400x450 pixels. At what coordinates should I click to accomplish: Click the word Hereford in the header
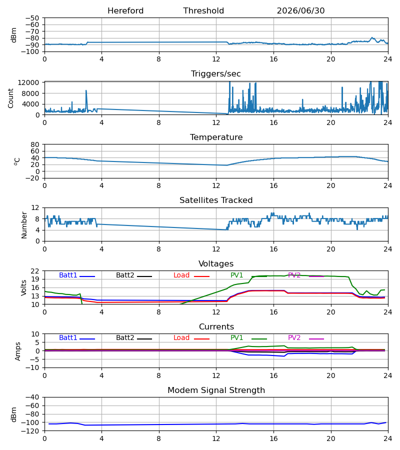[x=125, y=11]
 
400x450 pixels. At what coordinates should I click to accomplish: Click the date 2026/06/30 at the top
[x=300, y=11]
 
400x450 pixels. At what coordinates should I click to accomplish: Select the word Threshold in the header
[x=203, y=11]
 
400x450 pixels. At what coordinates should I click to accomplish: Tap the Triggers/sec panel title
[x=216, y=74]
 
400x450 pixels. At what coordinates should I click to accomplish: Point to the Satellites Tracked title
[x=216, y=200]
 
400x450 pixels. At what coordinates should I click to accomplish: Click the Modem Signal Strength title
[x=216, y=390]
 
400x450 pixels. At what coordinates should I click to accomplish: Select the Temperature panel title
[x=216, y=137]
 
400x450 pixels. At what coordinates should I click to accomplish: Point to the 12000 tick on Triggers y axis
[x=28, y=82]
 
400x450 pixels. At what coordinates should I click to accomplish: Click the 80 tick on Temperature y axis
[x=34, y=144]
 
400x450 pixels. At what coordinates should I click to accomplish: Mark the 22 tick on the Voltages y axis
[x=34, y=271]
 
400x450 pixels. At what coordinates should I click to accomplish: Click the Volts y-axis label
[x=24, y=287]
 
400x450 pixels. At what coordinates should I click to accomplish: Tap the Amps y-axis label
[x=18, y=351]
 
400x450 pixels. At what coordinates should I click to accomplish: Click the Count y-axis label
[x=11, y=98]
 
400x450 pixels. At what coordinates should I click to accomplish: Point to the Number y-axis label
[x=24, y=225]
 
